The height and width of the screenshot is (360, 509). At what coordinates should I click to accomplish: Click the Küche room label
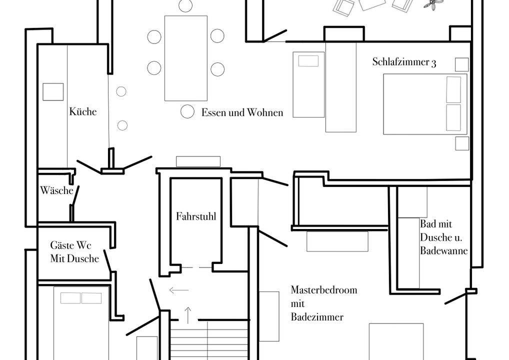point(83,111)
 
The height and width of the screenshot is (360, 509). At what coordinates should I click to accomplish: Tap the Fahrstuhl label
point(196,216)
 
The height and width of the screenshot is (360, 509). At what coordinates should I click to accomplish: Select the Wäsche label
point(57,190)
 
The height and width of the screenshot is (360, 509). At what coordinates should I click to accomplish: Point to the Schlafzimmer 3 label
point(404,62)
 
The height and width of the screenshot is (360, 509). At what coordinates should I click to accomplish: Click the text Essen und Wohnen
point(242,112)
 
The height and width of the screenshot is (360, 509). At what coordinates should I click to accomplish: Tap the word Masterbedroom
point(324,289)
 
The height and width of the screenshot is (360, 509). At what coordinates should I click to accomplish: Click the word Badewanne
point(444,250)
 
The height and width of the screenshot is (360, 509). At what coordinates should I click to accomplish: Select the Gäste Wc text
point(71,245)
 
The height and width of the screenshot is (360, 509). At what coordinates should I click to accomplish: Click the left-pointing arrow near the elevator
point(179,290)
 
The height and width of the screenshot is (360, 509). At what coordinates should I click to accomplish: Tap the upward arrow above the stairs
point(188,315)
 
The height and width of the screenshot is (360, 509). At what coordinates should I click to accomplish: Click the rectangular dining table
point(186,58)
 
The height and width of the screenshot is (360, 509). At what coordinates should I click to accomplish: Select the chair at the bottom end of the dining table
point(187,111)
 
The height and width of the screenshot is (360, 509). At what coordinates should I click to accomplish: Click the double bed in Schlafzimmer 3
point(425,104)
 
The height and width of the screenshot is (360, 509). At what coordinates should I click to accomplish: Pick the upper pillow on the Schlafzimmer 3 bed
point(453,89)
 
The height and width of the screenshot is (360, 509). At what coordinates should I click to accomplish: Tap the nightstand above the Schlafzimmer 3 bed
point(461,64)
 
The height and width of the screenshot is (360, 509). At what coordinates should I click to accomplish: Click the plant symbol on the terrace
point(432,4)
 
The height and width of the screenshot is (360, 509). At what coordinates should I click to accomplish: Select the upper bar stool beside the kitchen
point(121,91)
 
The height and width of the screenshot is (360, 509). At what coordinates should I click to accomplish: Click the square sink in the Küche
point(53,92)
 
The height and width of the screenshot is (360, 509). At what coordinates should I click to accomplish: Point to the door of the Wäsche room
point(75,195)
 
